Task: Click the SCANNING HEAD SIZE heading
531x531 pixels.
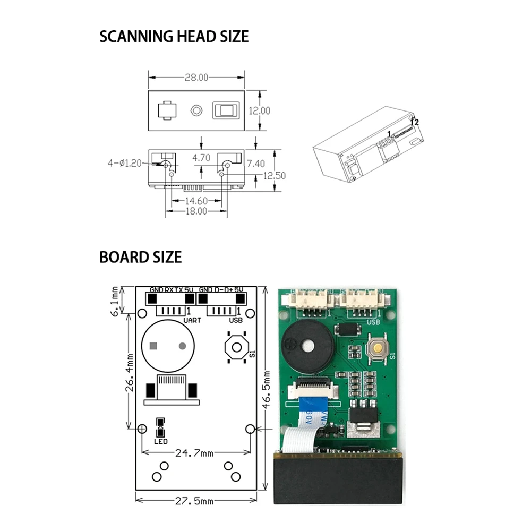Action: point(174,37)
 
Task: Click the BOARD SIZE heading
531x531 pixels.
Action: point(140,258)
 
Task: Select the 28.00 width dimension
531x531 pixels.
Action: point(196,78)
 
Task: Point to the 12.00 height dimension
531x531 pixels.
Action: point(260,110)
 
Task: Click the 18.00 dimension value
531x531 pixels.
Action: point(195,211)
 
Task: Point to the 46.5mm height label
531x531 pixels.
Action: point(268,393)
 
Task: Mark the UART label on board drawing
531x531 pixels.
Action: point(192,320)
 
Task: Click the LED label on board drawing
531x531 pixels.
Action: point(161,441)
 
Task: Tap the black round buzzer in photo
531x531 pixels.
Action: point(308,347)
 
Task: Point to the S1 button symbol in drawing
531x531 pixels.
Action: point(236,347)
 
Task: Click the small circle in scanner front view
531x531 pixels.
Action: point(196,110)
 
